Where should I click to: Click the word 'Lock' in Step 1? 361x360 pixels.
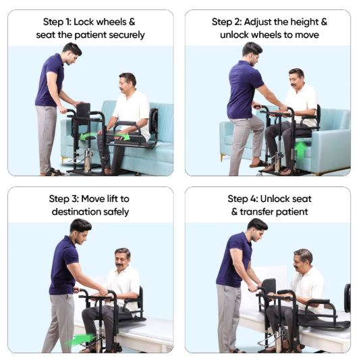pos(84,22)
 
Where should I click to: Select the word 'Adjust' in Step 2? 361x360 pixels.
pos(258,22)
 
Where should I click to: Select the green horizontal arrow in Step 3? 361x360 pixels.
pos(80,339)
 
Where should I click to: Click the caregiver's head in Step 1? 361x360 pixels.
pos(72,54)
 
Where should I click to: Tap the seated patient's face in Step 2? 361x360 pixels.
pos(295,80)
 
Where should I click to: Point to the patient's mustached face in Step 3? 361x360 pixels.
pos(121,259)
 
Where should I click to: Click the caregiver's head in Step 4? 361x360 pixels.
pos(257,229)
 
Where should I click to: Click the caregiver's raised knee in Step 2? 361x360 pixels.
pos(259,122)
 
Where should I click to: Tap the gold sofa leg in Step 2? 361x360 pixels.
pos(222,157)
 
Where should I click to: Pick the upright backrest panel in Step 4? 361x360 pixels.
pos(269,286)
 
